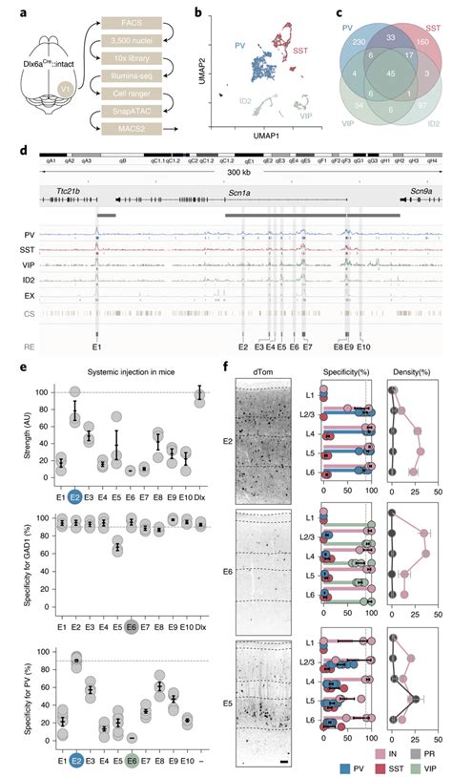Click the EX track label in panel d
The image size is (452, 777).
click(32, 295)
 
